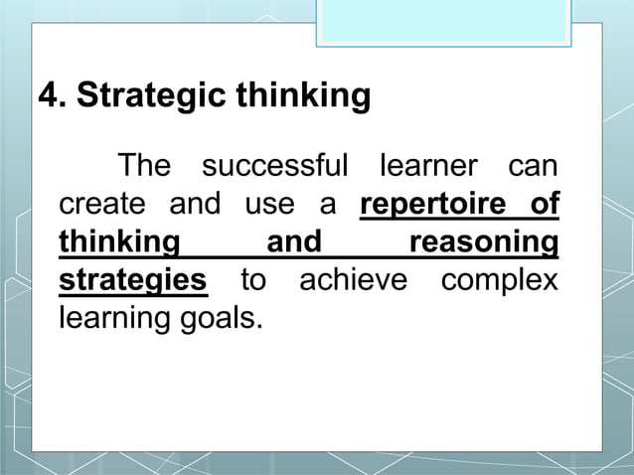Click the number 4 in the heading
tap(48, 97)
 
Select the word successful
tap(274, 165)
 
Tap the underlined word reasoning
tap(484, 241)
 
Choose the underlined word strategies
tap(133, 279)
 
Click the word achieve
tap(354, 279)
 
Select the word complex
tap(499, 280)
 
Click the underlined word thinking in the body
tap(119, 241)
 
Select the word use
tap(269, 204)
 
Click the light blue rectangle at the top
tap(444, 22)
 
